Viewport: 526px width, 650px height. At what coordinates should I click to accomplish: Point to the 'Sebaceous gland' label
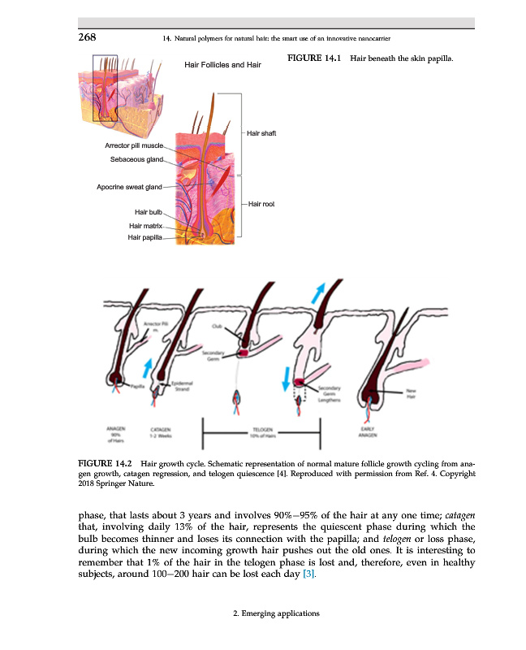137,159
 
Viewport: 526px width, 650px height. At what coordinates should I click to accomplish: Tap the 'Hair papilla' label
145,237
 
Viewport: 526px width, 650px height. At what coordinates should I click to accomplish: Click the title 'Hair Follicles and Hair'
222,64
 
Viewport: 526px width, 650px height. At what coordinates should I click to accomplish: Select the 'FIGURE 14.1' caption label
312,59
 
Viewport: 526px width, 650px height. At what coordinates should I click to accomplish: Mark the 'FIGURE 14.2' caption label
105,463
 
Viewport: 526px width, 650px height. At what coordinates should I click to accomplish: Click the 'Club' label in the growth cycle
217,325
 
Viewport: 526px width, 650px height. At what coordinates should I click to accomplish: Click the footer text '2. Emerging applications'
270,613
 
